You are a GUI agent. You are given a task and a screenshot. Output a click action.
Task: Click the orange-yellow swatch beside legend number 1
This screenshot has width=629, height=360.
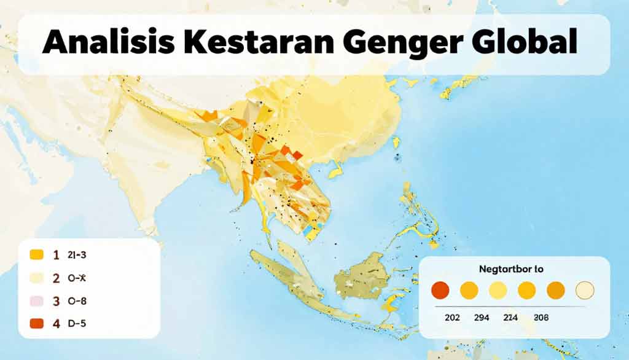37,254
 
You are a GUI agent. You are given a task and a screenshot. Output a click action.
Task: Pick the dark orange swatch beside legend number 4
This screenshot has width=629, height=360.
37,324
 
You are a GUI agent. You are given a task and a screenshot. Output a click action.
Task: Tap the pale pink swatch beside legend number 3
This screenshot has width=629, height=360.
37,301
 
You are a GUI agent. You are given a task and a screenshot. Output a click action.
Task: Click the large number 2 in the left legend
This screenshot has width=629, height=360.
56,278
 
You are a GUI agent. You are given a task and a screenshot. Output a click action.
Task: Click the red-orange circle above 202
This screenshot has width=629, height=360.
441,290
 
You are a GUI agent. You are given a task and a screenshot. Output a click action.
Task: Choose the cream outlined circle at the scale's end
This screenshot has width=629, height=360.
584,290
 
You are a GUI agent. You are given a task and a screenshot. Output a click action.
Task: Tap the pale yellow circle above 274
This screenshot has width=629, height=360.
498,290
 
